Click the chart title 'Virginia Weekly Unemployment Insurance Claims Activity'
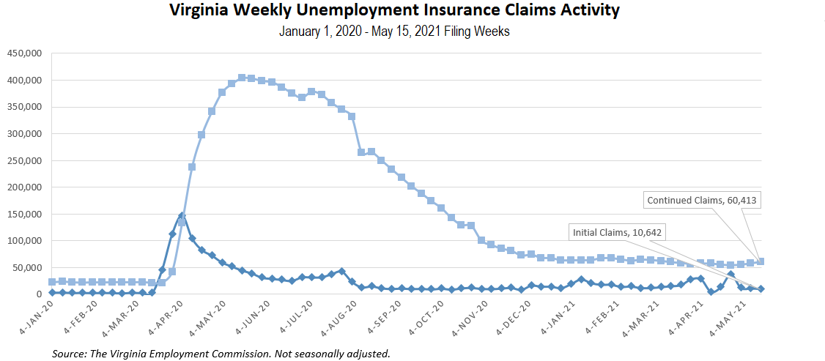(x=394, y=11)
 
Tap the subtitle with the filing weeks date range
(x=394, y=32)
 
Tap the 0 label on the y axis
(x=39, y=294)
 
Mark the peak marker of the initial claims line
(x=182, y=216)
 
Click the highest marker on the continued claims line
(x=242, y=77)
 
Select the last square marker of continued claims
(x=761, y=261)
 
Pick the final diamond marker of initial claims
(x=761, y=289)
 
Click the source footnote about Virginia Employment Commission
(x=221, y=354)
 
